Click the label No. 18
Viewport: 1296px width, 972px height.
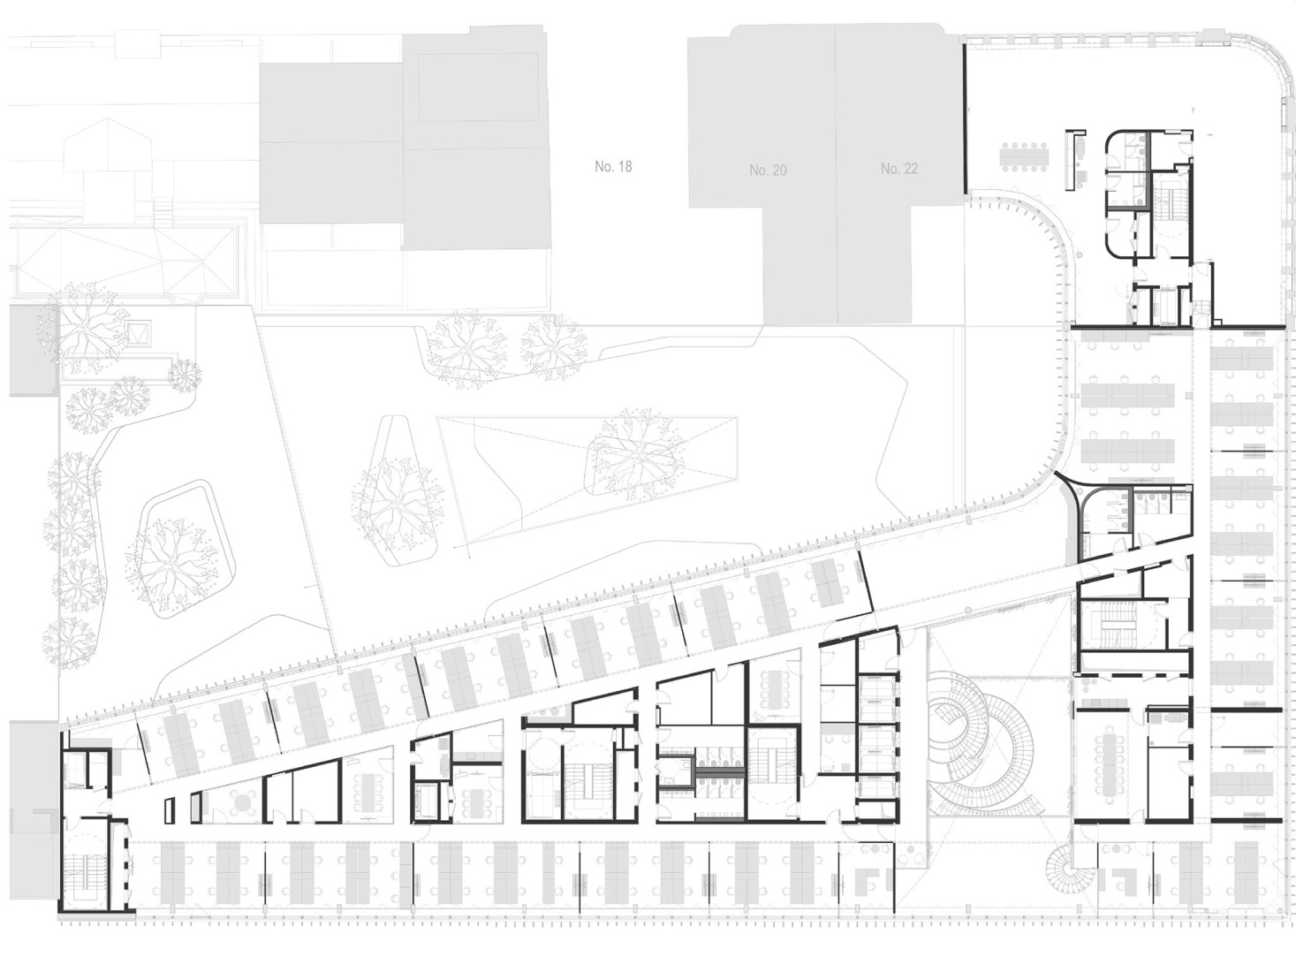coord(613,166)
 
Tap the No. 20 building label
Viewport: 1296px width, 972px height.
coord(768,170)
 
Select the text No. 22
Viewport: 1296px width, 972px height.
coord(899,169)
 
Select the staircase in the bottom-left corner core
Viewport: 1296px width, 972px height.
coord(85,867)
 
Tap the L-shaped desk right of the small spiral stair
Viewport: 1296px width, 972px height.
coord(1123,879)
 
